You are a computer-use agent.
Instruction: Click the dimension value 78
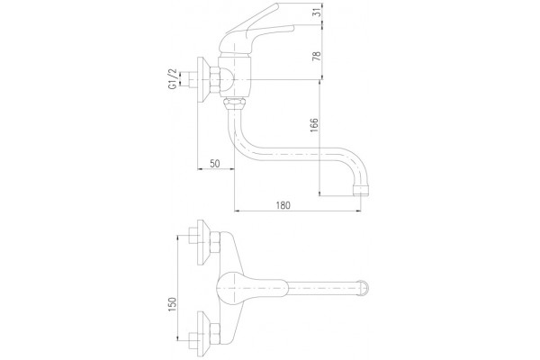[317, 56]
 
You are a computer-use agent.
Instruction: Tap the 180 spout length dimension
[283, 205]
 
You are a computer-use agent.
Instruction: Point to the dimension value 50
[214, 163]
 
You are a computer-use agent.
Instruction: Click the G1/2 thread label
[172, 79]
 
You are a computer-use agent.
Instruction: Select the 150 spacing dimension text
[172, 304]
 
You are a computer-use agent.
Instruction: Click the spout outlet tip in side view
[361, 191]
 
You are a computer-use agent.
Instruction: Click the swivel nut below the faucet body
[234, 103]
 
